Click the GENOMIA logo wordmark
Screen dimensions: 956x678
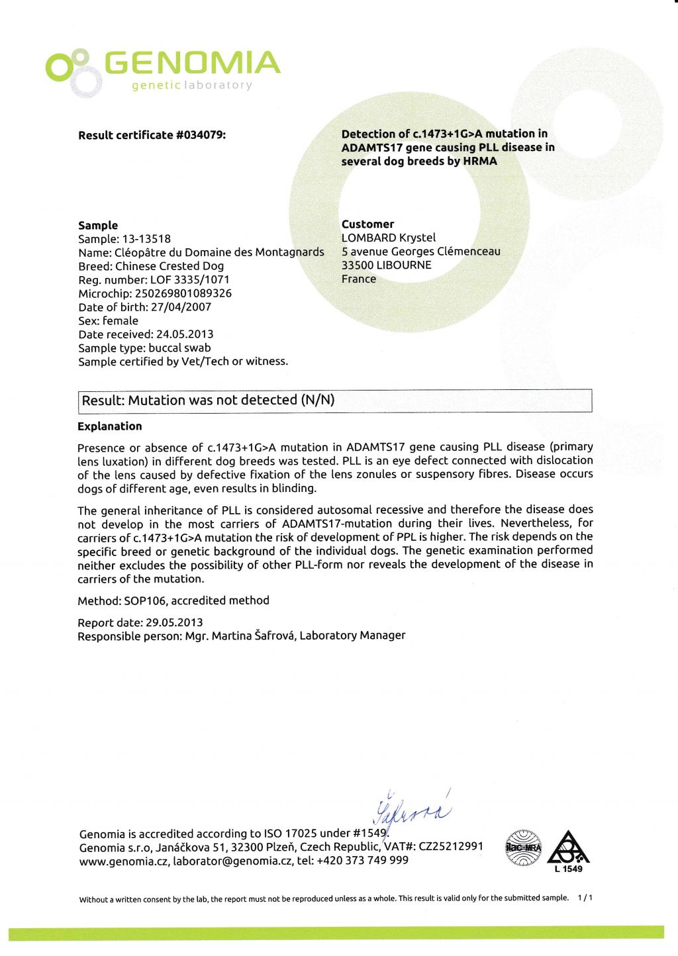click(x=192, y=63)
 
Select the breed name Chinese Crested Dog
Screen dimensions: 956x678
click(x=169, y=266)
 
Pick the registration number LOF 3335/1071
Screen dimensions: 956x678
click(x=190, y=280)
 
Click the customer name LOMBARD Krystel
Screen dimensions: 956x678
click(x=389, y=238)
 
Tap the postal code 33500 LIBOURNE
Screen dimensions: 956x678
click(x=387, y=265)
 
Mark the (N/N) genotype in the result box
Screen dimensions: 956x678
click(x=318, y=400)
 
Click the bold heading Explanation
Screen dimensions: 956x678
click(x=110, y=426)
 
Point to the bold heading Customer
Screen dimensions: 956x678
click(x=367, y=224)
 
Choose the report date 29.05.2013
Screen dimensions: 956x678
click(x=174, y=622)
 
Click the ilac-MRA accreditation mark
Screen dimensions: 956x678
click(x=523, y=848)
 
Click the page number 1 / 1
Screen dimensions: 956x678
click(x=585, y=898)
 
